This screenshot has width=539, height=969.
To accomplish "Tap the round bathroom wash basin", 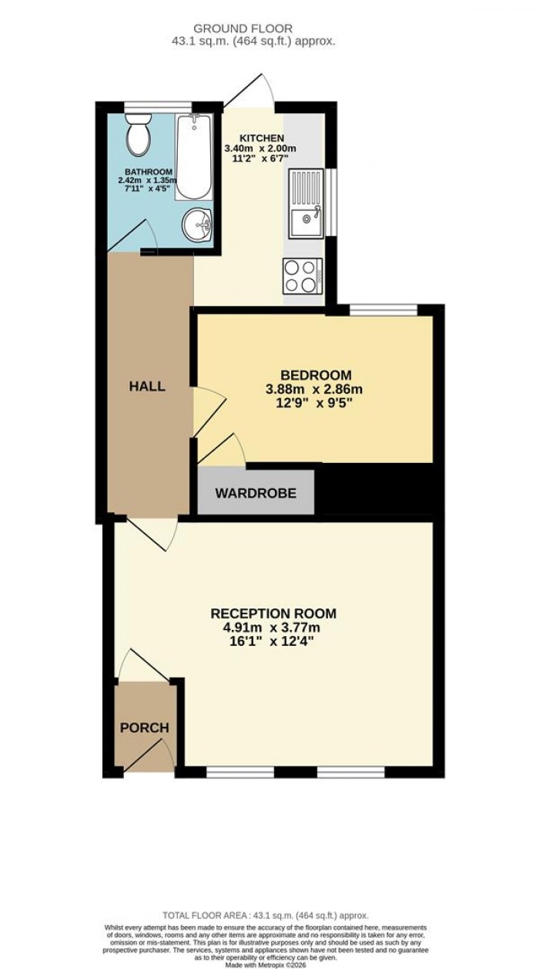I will [199, 226].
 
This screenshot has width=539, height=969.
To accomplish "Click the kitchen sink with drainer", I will [307, 203].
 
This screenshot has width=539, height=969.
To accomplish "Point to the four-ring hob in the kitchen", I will [303, 275].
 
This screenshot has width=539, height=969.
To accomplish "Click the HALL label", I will [147, 386].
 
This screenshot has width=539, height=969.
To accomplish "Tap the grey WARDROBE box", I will [256, 493].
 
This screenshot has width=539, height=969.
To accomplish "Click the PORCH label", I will [144, 728].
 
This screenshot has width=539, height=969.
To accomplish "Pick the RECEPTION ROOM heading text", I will [273, 614].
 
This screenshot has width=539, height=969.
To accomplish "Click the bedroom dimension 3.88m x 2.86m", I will [313, 389].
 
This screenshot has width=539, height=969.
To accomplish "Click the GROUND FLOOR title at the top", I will [269, 28].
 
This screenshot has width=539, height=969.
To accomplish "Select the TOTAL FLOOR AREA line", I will [265, 916].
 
